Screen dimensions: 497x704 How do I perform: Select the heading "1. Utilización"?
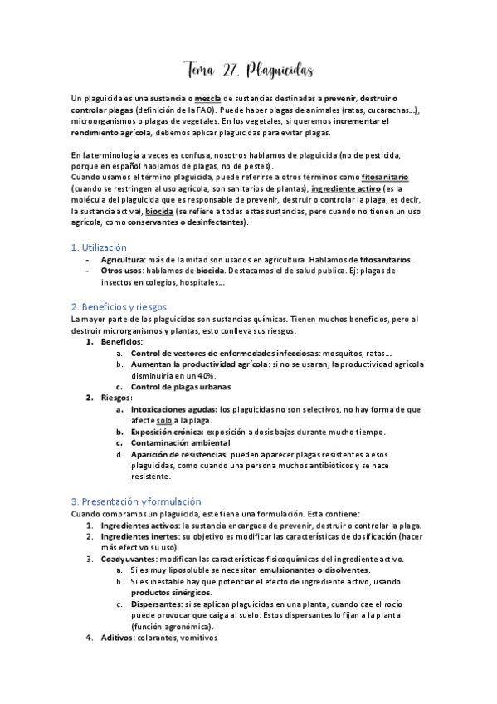coord(99,247)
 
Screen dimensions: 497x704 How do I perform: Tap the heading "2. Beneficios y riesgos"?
coord(119,306)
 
